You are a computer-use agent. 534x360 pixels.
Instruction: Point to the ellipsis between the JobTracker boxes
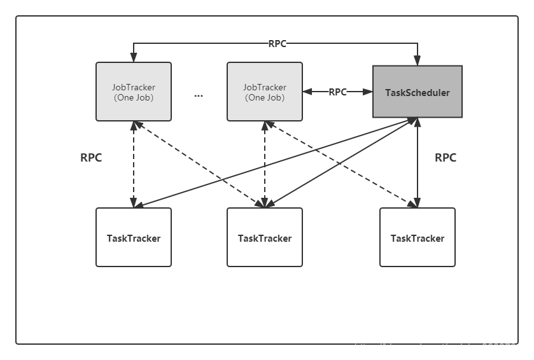click(199, 95)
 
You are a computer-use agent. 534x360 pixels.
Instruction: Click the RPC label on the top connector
click(277, 44)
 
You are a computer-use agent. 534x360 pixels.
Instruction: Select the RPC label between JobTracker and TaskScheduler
click(337, 92)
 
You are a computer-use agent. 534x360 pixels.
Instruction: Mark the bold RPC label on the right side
click(446, 158)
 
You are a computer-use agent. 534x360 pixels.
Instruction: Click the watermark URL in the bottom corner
click(440, 348)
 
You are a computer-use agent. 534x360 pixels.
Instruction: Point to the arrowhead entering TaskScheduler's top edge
click(418, 62)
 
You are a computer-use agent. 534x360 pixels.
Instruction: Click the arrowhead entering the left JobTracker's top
click(134, 58)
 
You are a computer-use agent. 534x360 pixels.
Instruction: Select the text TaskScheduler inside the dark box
click(417, 93)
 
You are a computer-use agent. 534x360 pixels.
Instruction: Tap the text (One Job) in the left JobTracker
click(134, 98)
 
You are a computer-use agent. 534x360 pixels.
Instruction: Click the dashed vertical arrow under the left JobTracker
click(134, 164)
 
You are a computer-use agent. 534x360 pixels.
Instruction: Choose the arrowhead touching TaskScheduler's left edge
click(368, 92)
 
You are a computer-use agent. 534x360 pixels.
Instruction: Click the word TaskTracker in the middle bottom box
click(265, 239)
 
